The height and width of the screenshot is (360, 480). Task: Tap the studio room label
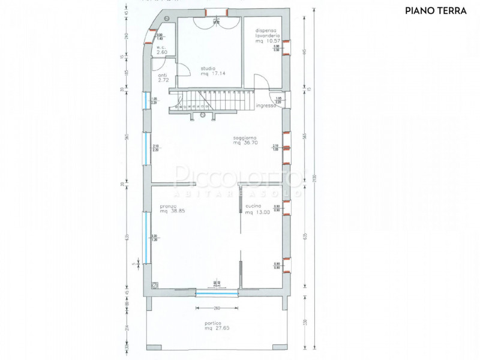coord(208,68)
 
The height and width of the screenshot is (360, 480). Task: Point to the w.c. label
coord(161,47)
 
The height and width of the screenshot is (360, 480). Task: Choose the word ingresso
coord(265,106)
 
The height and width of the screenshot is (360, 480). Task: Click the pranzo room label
coord(167,206)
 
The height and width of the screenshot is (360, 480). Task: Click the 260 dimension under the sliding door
coord(217,308)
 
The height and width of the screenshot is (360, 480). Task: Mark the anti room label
coord(162,76)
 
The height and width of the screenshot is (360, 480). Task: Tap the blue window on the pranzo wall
coord(145,235)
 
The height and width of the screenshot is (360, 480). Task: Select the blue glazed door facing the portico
coord(217,293)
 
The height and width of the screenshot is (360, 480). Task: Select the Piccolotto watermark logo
coord(240,180)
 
